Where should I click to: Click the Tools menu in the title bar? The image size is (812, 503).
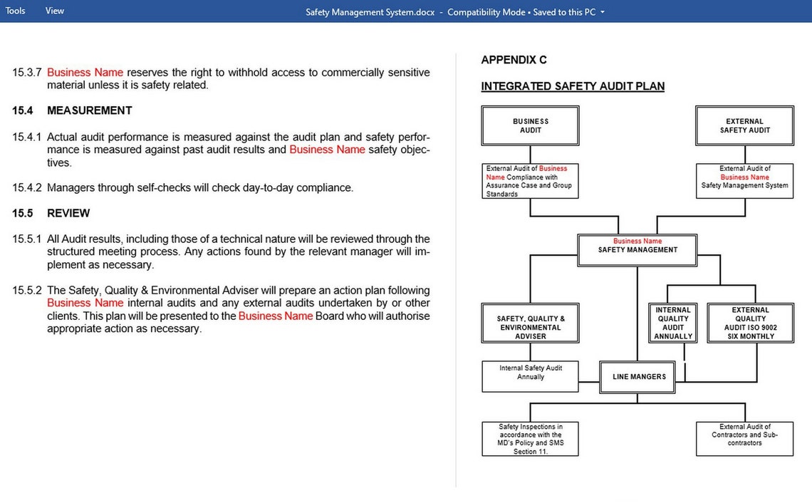click(x=15, y=11)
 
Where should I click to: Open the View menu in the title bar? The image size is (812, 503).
click(x=54, y=11)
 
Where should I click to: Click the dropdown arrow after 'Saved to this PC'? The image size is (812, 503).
click(x=603, y=12)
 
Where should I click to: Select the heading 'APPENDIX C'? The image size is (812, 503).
click(x=514, y=60)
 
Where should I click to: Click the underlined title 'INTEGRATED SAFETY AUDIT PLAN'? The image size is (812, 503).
click(x=573, y=86)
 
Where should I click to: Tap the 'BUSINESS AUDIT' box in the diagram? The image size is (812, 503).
click(x=531, y=126)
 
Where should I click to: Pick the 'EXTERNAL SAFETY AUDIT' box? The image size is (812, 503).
click(x=744, y=126)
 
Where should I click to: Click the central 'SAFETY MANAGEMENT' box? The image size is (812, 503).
click(x=637, y=250)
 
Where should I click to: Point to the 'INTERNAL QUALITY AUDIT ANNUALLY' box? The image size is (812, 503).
click(x=673, y=323)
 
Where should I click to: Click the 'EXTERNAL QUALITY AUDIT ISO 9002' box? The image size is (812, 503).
click(x=750, y=323)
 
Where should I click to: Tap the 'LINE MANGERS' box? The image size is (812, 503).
click(x=639, y=377)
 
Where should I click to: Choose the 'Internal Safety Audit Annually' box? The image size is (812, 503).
click(x=531, y=376)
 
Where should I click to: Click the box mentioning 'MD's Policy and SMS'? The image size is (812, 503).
click(x=531, y=439)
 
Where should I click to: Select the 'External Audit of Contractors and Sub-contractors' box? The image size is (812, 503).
click(x=744, y=439)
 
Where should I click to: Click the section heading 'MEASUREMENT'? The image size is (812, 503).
click(x=89, y=110)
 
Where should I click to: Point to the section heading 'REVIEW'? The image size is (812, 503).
click(x=68, y=213)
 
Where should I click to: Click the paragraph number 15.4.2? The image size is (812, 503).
click(x=26, y=188)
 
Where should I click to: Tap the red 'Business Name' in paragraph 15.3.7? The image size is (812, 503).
click(x=85, y=73)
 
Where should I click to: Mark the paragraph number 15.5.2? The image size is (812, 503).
click(x=26, y=291)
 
